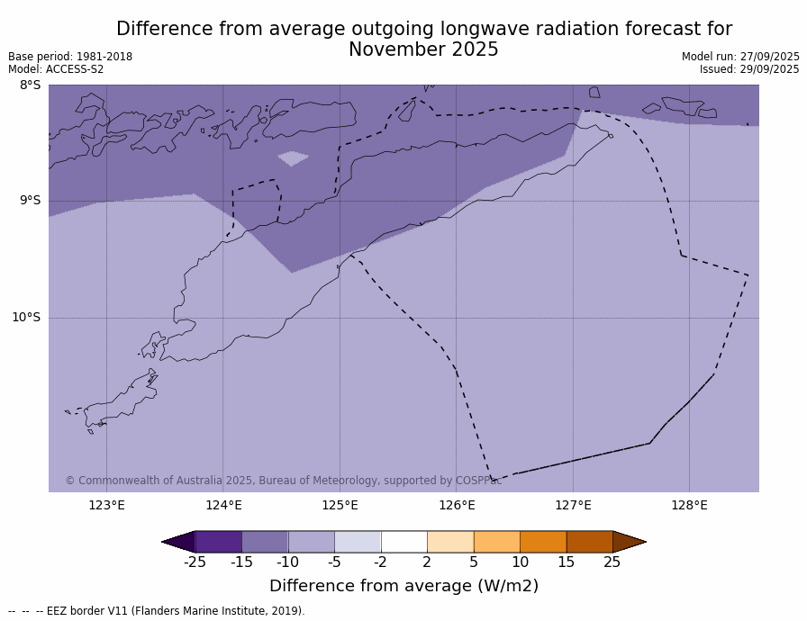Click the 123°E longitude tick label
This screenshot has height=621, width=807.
pos(106,505)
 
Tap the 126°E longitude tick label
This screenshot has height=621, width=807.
pos(457,505)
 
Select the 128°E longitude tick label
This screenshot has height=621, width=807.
pos(689,505)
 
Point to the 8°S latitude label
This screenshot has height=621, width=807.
pos(30,85)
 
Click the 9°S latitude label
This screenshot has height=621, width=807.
pos(30,201)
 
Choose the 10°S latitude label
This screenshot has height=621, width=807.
pos(26,317)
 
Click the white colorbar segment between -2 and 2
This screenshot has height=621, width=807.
pos(403,541)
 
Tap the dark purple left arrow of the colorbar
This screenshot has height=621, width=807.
pos(180,541)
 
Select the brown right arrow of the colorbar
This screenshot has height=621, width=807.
pos(628,541)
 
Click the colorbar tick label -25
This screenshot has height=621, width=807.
pos(195,562)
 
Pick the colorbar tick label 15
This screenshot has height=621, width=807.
pos(566,562)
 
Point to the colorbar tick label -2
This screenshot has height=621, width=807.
pos(380,562)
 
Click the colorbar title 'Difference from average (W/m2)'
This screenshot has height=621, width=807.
pos(403,586)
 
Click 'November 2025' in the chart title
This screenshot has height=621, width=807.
pos(423,49)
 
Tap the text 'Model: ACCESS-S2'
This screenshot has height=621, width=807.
pos(56,69)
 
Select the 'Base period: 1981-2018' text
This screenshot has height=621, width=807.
pos(70,57)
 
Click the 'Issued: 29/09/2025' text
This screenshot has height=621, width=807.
pos(749,69)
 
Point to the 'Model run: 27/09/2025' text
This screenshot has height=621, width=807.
pos(740,57)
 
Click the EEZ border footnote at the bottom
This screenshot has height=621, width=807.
pos(157,611)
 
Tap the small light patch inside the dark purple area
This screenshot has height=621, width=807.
pos(293,158)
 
